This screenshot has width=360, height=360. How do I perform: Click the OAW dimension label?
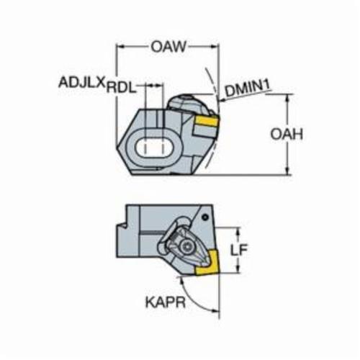point(168,47)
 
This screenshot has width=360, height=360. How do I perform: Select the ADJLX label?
point(82,83)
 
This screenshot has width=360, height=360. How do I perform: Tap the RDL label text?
point(121,88)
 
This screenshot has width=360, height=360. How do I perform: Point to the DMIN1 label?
point(247,89)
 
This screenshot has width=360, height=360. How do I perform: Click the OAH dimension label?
point(287,135)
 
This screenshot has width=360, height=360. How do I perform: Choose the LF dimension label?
point(238,250)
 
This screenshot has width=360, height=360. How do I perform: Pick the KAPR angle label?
point(166,302)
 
